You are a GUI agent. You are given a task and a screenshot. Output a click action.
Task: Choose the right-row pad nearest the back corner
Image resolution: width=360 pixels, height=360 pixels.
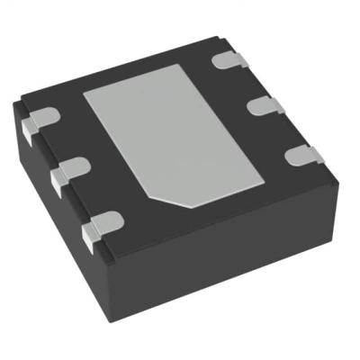click(229, 60)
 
